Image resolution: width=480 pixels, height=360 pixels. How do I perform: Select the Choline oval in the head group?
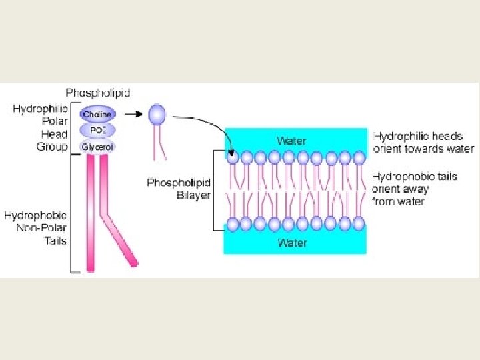pyautogui.click(x=97, y=114)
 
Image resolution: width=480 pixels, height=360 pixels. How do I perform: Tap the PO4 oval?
pyautogui.click(x=97, y=130)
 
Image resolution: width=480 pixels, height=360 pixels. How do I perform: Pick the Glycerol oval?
pyautogui.click(x=97, y=147)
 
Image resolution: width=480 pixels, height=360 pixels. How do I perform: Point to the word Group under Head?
pyautogui.click(x=53, y=147)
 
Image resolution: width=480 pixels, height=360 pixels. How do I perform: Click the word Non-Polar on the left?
pyautogui.click(x=45, y=228)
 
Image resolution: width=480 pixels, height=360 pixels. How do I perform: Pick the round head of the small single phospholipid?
pyautogui.click(x=157, y=114)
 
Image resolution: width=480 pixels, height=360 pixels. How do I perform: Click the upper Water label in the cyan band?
pyautogui.click(x=291, y=141)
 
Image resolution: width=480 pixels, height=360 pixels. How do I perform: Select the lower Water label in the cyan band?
pyautogui.click(x=292, y=242)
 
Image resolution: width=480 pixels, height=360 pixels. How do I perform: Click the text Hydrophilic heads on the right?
pyautogui.click(x=418, y=137)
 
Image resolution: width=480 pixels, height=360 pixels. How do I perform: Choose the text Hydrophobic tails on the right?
pyautogui.click(x=415, y=177)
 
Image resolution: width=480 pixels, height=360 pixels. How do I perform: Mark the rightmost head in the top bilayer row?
pyautogui.click(x=359, y=158)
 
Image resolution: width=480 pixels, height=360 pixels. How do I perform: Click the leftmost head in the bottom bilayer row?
pyautogui.click(x=232, y=223)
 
